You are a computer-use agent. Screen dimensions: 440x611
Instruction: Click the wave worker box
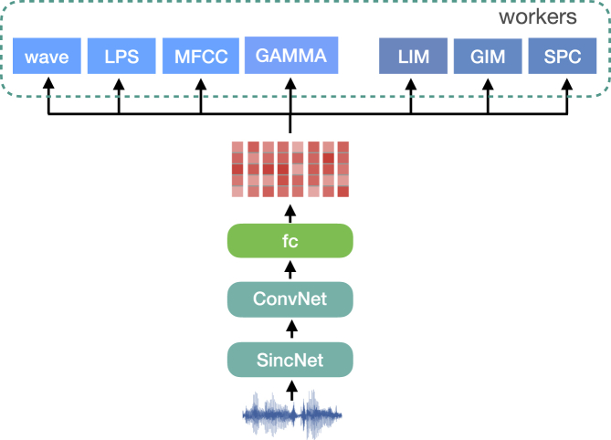click(47, 57)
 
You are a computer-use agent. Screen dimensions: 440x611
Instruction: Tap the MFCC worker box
click(200, 57)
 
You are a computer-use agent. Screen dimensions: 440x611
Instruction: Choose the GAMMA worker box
click(290, 56)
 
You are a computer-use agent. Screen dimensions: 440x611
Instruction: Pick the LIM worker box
click(412, 57)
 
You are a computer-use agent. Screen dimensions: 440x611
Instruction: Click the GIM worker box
click(488, 57)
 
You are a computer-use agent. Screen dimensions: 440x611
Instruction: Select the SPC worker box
click(563, 57)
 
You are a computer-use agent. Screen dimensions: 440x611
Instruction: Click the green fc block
click(290, 240)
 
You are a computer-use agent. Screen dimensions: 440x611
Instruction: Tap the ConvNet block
click(290, 299)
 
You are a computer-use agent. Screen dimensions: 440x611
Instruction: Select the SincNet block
click(290, 360)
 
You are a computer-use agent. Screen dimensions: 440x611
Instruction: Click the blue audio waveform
click(291, 415)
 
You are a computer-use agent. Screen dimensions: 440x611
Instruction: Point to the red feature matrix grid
click(290, 170)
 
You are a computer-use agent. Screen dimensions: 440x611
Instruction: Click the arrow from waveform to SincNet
click(291, 391)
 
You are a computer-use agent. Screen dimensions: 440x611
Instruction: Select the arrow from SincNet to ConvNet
click(290, 330)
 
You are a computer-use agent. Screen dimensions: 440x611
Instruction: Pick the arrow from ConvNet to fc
click(290, 269)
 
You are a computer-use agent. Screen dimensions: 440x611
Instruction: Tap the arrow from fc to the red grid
click(290, 211)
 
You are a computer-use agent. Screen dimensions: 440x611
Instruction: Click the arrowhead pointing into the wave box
click(47, 83)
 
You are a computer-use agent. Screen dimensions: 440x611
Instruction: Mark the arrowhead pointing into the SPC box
click(567, 83)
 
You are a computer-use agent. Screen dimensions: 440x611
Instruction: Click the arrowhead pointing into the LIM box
click(411, 83)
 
